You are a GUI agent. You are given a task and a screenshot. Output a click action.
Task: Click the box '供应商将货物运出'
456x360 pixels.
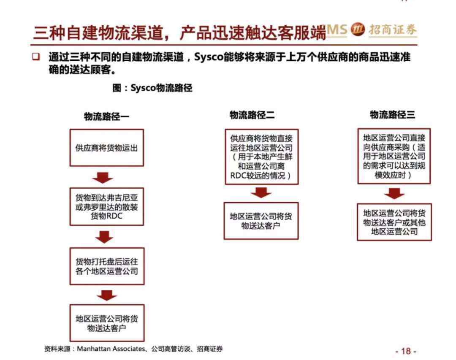107,148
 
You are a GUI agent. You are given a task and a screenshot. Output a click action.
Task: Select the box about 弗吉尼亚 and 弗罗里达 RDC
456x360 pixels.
107,207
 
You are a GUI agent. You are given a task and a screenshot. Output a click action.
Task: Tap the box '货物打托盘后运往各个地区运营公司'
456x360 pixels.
107,266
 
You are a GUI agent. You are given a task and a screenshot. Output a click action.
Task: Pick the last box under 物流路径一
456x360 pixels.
107,323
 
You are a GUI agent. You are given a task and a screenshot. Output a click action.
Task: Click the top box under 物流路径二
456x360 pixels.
262,157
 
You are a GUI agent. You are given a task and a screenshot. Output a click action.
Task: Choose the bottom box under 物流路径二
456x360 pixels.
261,221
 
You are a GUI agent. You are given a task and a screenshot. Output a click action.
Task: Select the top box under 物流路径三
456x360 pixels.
394,156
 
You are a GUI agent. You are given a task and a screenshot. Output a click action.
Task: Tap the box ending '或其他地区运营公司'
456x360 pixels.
394,222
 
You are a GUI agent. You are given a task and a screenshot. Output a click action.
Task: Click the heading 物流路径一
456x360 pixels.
106,116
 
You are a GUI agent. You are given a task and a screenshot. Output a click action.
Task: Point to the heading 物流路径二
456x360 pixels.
252,115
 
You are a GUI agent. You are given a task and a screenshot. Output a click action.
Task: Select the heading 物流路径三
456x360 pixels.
392,114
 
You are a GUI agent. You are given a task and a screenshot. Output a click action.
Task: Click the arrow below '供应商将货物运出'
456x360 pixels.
103,177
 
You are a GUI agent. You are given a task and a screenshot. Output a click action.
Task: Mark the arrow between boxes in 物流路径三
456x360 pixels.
394,194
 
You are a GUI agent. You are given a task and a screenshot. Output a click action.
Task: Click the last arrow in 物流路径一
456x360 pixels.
107,295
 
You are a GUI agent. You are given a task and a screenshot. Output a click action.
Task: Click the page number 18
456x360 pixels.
406,351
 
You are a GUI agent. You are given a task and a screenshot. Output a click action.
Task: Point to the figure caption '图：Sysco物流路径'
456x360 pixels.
152,88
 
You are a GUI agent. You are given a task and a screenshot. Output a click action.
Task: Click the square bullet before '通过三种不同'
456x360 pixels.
36,56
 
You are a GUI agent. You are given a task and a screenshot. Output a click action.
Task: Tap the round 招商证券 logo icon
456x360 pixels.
358,30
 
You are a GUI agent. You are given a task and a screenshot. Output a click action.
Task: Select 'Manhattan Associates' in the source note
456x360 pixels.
111,349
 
